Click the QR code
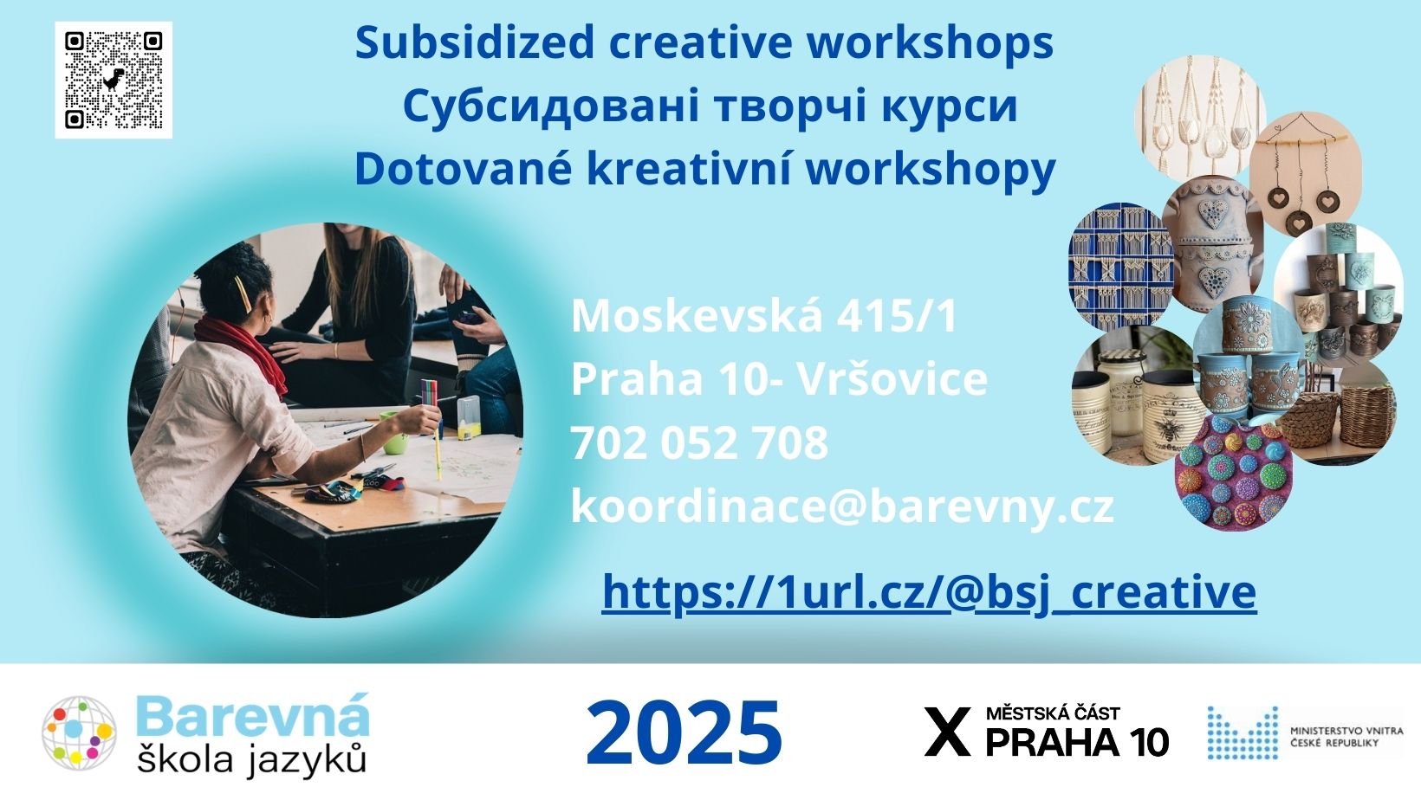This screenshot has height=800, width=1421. pos(114,80)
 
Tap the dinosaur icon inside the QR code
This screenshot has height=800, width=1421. pos(114,80)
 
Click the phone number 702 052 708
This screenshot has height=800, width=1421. pos(700,442)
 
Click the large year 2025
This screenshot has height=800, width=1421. pos(684,732)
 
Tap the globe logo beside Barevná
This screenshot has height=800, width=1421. pos(80,732)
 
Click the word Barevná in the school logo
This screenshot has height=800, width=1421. pos(253,714)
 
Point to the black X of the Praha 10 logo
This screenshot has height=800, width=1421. pos(947,732)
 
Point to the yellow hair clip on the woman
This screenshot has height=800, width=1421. pos(242,294)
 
